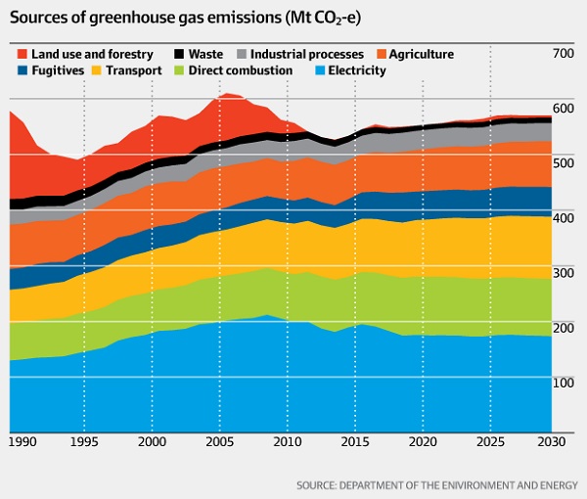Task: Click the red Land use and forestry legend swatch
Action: (x=21, y=55)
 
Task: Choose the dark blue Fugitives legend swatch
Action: (x=21, y=71)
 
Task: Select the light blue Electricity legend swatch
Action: (x=319, y=71)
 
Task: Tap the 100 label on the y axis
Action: (x=564, y=382)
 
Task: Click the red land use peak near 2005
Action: (x=228, y=108)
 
